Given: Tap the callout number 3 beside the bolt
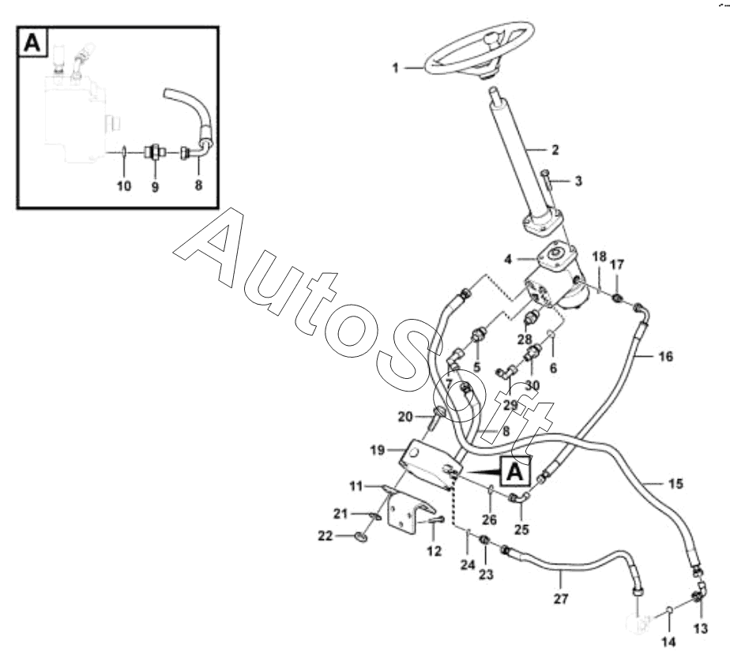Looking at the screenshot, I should [x=578, y=181].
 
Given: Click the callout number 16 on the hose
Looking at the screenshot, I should [x=666, y=357].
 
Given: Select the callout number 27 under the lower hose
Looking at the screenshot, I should [x=561, y=599].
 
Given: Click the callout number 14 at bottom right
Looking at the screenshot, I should [x=668, y=642].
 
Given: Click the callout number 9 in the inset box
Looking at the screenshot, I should [x=155, y=187].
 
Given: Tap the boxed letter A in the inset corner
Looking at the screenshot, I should [x=32, y=43].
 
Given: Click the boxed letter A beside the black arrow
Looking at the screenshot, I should [x=514, y=471].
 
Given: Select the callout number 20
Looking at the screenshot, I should [x=405, y=416].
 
